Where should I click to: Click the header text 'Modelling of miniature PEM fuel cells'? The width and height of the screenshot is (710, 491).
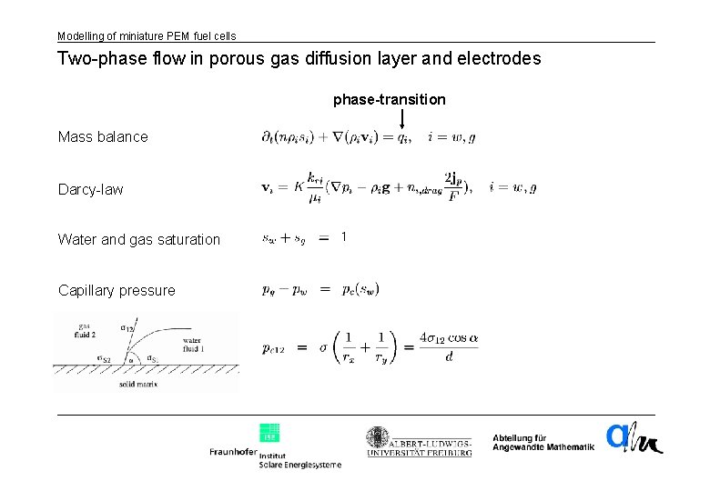click(147, 35)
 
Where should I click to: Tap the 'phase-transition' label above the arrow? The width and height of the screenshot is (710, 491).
click(390, 98)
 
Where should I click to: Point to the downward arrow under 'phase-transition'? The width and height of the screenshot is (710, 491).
click(401, 117)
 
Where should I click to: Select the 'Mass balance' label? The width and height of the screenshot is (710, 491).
click(103, 137)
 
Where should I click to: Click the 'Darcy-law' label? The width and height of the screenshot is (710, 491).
click(90, 189)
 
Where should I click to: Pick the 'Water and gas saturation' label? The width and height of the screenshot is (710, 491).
click(139, 240)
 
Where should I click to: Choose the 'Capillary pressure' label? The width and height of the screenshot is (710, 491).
click(117, 291)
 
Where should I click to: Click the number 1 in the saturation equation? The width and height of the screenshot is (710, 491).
click(343, 237)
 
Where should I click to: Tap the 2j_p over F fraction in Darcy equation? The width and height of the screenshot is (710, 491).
click(452, 186)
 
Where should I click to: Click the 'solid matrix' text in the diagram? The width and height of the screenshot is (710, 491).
click(138, 384)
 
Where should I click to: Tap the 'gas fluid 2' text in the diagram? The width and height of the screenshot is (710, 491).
click(86, 329)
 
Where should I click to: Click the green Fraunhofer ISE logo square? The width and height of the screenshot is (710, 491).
click(269, 433)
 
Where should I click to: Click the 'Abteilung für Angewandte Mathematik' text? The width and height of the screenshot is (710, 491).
click(543, 442)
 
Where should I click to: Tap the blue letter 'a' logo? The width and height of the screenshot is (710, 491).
click(618, 437)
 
